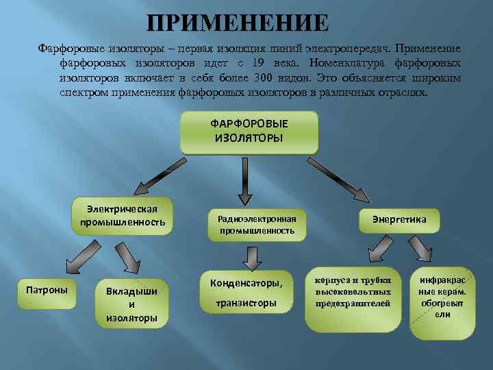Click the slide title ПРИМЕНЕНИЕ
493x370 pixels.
click(238, 23)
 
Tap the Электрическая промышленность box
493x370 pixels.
click(123, 216)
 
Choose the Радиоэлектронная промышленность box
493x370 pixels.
click(257, 225)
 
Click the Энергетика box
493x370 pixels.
click(399, 219)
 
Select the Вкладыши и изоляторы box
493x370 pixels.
click(131, 304)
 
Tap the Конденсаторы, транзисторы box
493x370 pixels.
click(246, 293)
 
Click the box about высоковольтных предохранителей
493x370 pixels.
click(353, 293)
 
